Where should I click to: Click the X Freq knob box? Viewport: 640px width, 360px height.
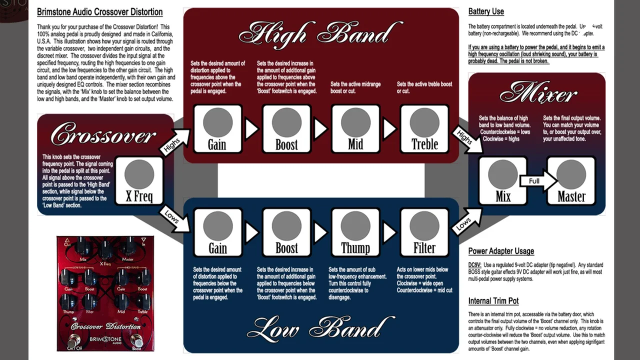click(x=139, y=180)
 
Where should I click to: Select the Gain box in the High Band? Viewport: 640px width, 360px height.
click(x=217, y=128)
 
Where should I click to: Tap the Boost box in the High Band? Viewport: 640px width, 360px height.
click(x=286, y=128)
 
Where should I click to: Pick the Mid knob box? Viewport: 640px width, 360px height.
click(x=355, y=128)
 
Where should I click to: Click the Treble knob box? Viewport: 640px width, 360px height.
click(x=424, y=128)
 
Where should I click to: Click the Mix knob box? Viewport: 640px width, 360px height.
click(x=503, y=180)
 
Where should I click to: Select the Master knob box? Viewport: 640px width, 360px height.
click(x=571, y=180)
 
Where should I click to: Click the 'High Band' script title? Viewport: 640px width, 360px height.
click(x=320, y=33)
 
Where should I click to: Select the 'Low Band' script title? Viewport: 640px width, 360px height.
click(x=320, y=328)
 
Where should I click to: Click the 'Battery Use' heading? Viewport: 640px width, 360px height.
click(x=486, y=11)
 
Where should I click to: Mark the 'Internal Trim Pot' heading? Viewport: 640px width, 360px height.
click(x=493, y=301)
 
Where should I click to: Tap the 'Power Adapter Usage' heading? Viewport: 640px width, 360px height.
click(x=501, y=251)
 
